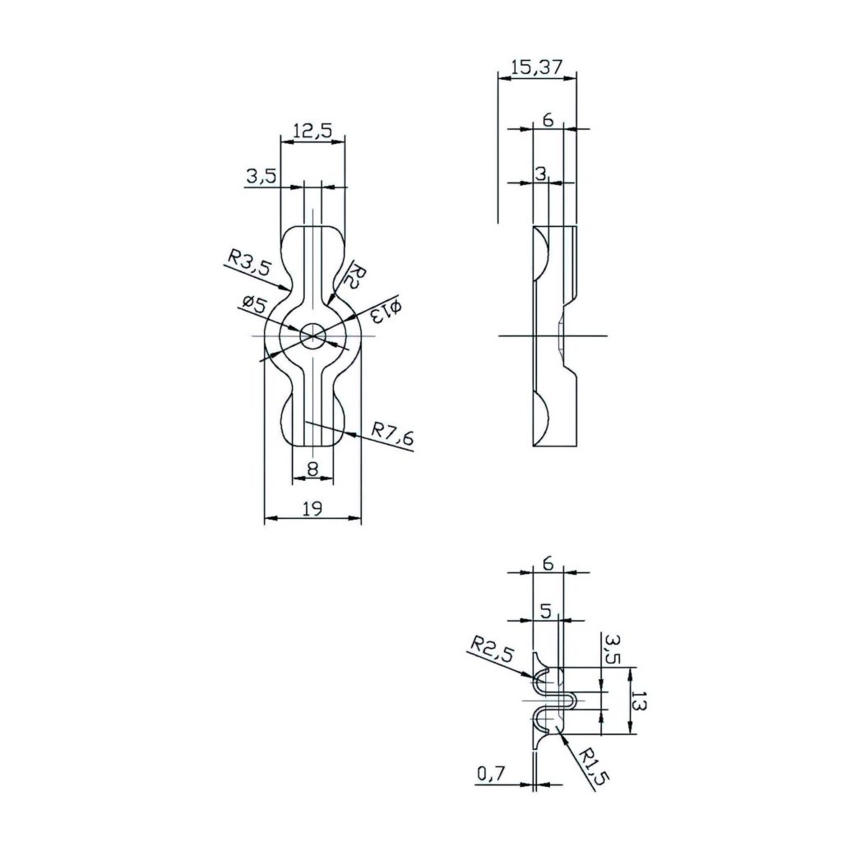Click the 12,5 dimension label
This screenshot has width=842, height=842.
pyautogui.click(x=312, y=130)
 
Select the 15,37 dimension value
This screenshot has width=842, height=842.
pyautogui.click(x=536, y=69)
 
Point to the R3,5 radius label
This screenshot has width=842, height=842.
pyautogui.click(x=248, y=264)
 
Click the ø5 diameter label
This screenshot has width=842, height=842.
pyautogui.click(x=253, y=304)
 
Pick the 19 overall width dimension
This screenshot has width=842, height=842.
pyautogui.click(x=312, y=509)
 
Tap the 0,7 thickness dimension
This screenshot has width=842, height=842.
pyautogui.click(x=491, y=773)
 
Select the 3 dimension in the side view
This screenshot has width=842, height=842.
pyautogui.click(x=540, y=173)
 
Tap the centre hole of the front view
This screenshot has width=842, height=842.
pyautogui.click(x=312, y=335)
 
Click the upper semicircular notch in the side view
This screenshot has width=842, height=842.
pyautogui.click(x=541, y=254)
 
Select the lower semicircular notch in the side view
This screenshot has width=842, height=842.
pyautogui.click(x=541, y=419)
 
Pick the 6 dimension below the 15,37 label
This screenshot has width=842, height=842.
pyautogui.click(x=548, y=120)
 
